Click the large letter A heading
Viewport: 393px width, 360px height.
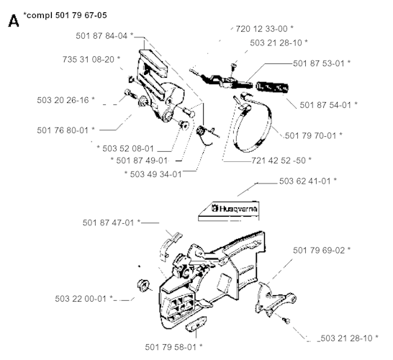click(14, 21)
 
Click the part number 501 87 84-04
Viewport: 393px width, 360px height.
click(101, 36)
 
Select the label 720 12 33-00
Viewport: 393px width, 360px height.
click(261, 29)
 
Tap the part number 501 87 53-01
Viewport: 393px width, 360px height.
click(319, 63)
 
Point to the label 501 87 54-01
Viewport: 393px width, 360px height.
click(326, 105)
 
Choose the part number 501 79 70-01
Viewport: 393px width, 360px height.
click(311, 135)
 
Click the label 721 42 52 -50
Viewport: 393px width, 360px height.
click(279, 160)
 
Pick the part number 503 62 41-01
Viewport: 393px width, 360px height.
click(305, 181)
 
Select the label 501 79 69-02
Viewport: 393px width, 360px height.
click(319, 250)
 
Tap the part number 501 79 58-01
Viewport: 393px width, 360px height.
click(171, 347)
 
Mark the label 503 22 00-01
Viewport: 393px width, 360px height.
click(81, 299)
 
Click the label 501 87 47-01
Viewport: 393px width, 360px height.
click(109, 222)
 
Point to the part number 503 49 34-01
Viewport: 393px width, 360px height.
click(156, 174)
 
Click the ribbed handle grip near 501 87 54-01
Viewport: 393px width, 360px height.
click(272, 87)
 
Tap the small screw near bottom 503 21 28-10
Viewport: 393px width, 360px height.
click(286, 320)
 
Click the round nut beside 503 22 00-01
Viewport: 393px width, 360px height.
click(143, 285)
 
